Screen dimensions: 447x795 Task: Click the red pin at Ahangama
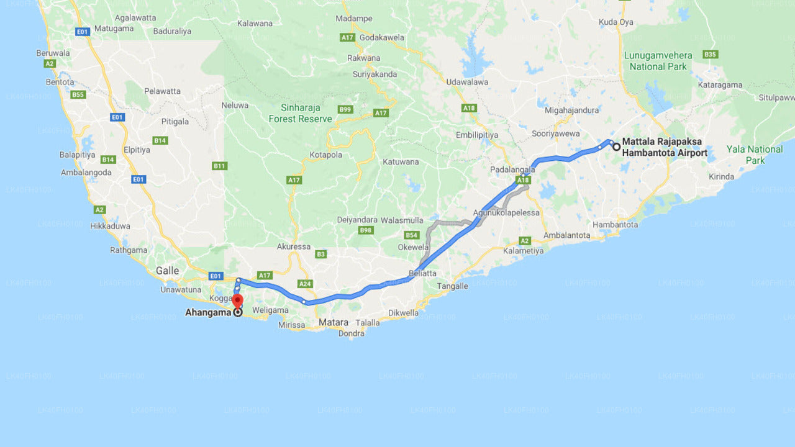coord(237,301)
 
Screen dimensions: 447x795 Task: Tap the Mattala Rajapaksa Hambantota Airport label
coord(665,147)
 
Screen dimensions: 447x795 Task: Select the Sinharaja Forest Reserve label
coord(300,114)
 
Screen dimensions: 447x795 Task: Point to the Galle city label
coord(167,270)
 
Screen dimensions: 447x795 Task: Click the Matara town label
coord(334,322)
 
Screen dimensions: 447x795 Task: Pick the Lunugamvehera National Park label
coord(658,61)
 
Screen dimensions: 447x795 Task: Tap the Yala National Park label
coord(755,155)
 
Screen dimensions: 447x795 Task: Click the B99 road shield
coord(345,109)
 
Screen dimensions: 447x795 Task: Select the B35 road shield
coord(711,55)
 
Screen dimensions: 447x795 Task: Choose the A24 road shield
coord(305,284)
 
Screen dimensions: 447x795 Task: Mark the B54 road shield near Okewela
coord(411,235)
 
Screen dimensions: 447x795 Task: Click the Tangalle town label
coord(452,286)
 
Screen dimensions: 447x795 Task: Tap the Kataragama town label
coord(720,85)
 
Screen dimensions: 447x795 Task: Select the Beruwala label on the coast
coord(53,53)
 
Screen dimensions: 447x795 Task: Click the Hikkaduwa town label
coord(110,226)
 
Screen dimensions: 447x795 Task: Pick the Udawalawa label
coord(467,82)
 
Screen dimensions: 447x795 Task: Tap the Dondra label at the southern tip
coord(352,333)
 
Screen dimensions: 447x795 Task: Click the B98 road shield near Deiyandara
coord(366,230)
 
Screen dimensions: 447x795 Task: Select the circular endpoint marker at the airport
coord(616,147)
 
